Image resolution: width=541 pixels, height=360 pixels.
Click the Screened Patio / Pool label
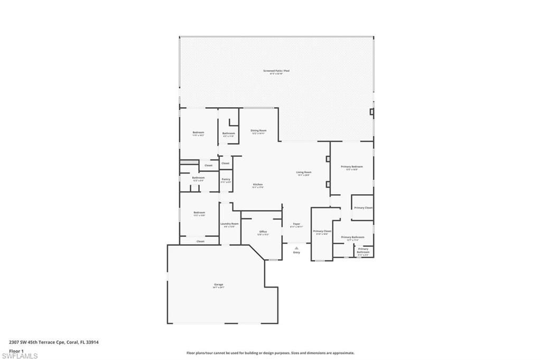tap(276, 71)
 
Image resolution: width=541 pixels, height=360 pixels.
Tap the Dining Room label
tap(258, 130)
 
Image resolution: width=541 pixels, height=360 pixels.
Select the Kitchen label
tap(257, 185)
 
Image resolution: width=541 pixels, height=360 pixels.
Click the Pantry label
tap(226, 179)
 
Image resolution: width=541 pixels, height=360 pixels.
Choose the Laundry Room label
tap(229, 224)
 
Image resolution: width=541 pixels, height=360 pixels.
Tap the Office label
tap(263, 232)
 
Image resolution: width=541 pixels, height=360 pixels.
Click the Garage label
tap(218, 285)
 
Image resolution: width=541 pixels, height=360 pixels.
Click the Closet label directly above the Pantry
tap(226, 164)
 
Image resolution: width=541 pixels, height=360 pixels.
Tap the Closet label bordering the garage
tap(200, 241)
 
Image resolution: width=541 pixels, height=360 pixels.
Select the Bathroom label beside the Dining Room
tap(228, 134)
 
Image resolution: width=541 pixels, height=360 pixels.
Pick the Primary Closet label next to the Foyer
tap(322, 231)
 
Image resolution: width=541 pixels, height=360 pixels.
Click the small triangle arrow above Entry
tap(296, 247)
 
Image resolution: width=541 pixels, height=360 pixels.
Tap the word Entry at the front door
tap(296, 252)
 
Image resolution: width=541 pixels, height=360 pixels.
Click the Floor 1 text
tap(16, 350)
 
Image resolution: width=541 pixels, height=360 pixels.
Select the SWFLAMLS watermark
tap(20, 356)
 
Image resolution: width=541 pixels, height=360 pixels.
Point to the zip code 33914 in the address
tap(94, 342)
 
